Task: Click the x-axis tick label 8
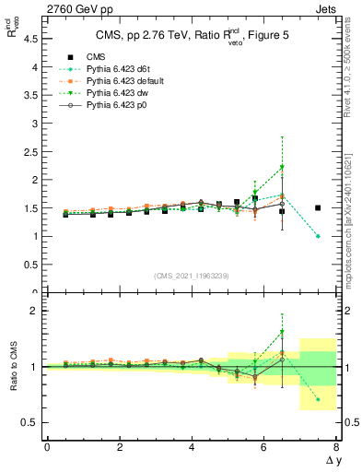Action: tap(336, 448)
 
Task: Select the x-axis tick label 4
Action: tap(192, 448)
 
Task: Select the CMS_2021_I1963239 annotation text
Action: tap(192, 275)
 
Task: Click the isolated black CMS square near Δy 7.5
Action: tap(318, 207)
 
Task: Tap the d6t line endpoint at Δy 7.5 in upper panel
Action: tap(318, 236)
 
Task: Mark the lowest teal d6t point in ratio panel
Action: tap(318, 399)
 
